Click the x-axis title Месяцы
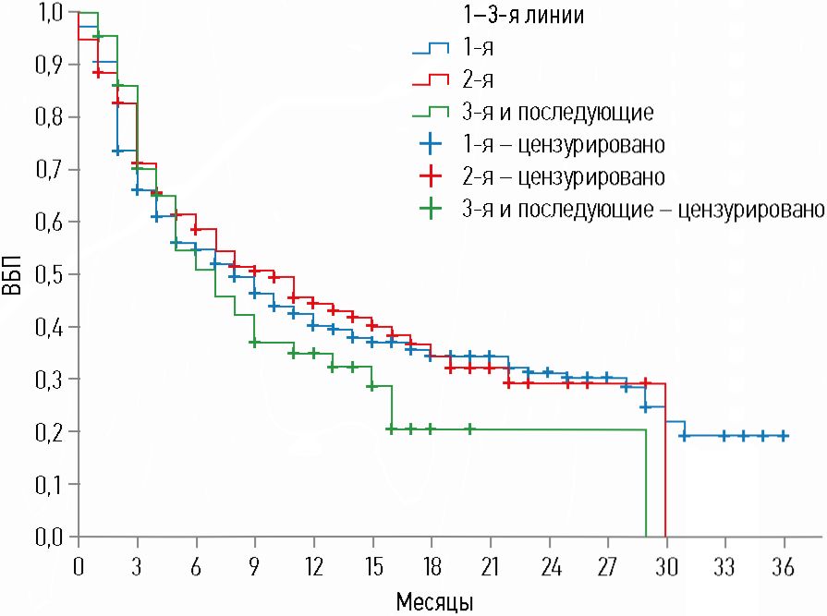click(x=434, y=601)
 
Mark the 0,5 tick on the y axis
click(x=50, y=275)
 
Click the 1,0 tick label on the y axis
click(x=50, y=13)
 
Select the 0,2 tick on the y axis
click(x=50, y=432)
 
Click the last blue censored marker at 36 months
click(x=783, y=436)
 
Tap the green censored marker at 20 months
click(x=469, y=429)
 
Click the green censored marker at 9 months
click(x=254, y=342)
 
